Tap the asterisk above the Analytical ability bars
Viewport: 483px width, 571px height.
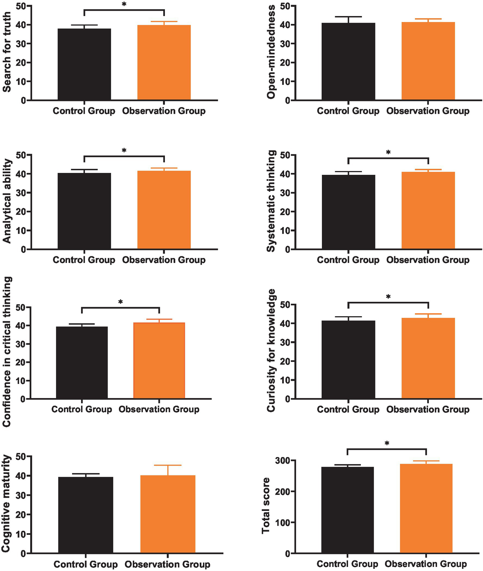click(124, 151)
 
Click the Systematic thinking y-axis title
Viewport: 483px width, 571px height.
click(271, 201)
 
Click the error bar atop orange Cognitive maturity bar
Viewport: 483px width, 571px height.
click(168, 470)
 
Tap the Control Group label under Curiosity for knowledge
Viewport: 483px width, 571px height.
click(348, 409)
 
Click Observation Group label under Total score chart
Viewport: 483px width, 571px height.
click(426, 564)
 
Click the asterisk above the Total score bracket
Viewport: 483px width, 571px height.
click(387, 443)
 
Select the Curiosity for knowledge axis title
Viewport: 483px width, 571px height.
click(271, 351)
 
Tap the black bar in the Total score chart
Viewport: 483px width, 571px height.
click(347, 510)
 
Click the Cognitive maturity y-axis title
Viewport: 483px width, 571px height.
click(6, 503)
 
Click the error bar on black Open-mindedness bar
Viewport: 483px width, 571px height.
click(348, 19)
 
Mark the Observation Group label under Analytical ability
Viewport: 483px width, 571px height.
click(164, 260)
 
